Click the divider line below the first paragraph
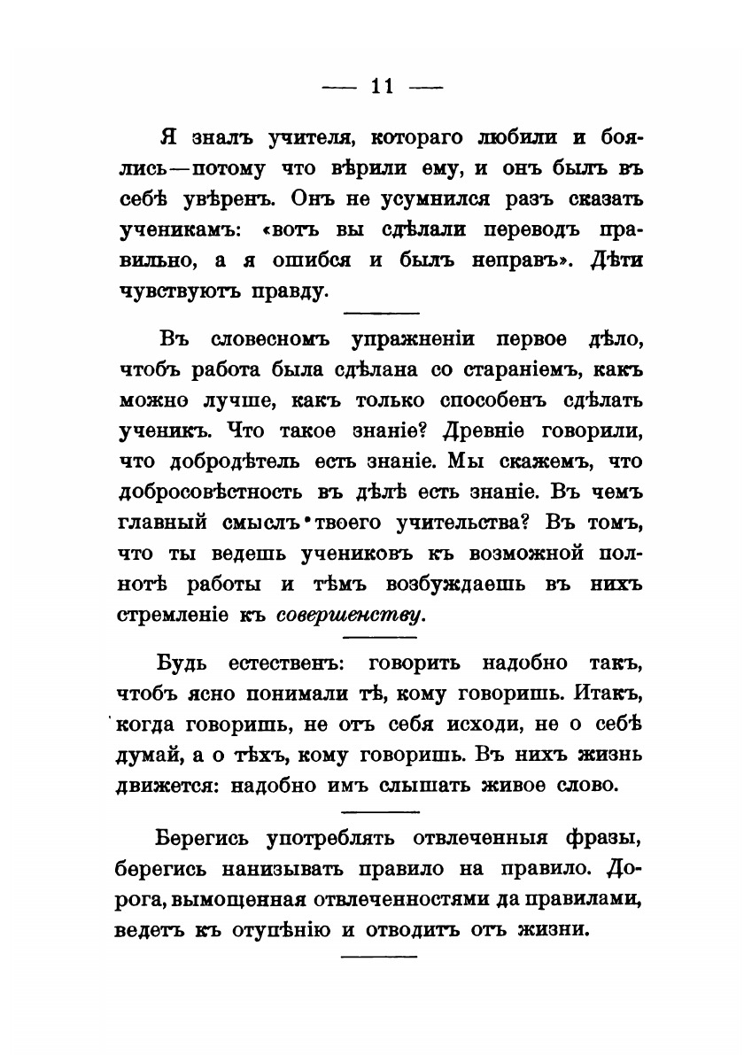(379, 313)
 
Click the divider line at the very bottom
(379, 956)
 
